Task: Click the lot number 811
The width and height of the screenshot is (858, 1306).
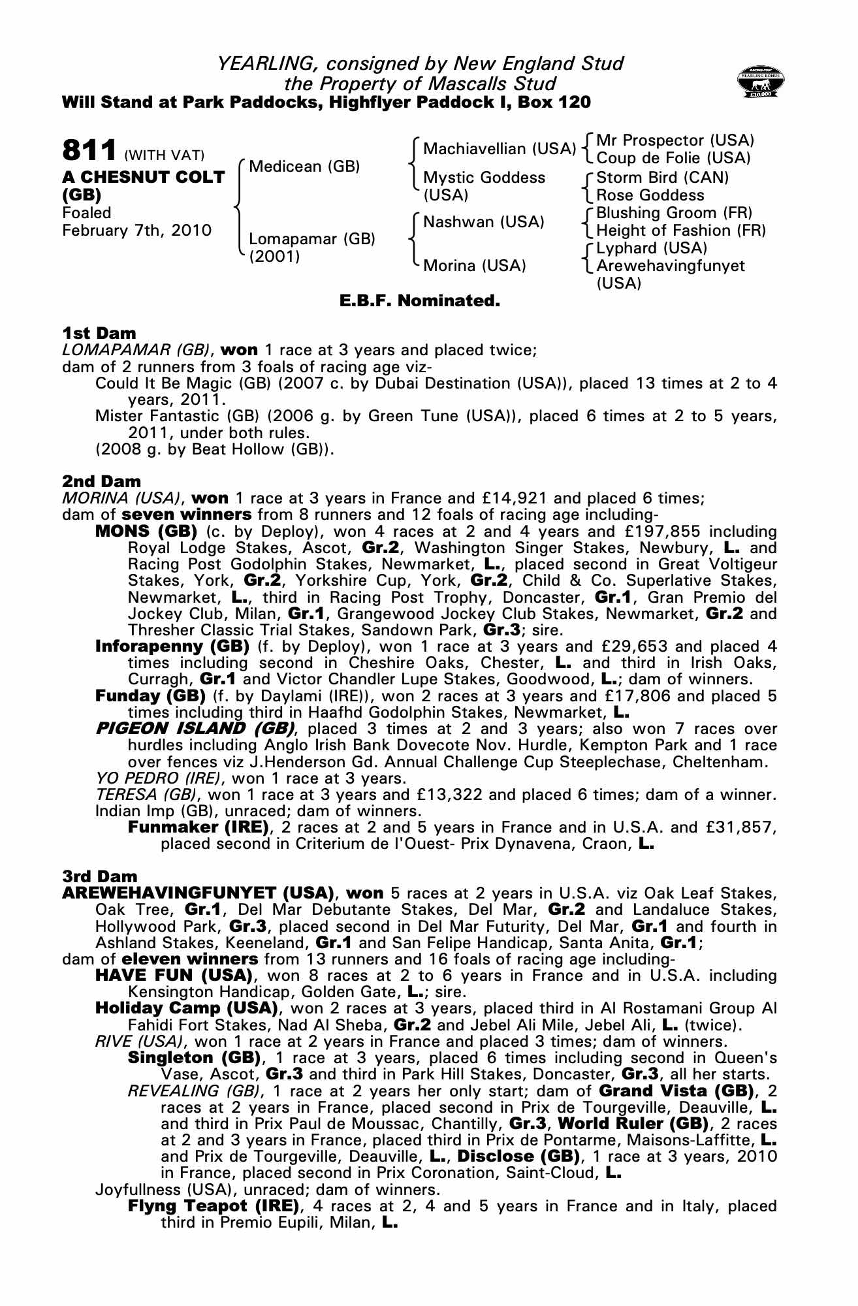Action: click(89, 150)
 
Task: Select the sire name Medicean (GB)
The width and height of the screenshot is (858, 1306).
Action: click(304, 167)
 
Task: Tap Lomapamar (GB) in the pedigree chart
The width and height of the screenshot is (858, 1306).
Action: click(312, 239)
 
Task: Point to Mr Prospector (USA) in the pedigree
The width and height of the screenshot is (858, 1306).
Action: click(675, 140)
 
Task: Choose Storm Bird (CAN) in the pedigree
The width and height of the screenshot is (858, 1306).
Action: click(662, 178)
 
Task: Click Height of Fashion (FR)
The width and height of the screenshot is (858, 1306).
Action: click(681, 231)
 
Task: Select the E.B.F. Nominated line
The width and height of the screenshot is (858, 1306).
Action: click(419, 301)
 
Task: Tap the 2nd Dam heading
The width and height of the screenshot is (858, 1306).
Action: click(101, 482)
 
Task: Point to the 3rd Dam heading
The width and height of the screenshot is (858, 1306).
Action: click(100, 876)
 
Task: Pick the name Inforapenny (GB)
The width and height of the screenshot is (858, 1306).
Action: click(172, 646)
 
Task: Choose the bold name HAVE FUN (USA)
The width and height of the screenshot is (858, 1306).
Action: click(174, 976)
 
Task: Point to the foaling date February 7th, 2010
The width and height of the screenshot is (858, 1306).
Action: click(136, 231)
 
